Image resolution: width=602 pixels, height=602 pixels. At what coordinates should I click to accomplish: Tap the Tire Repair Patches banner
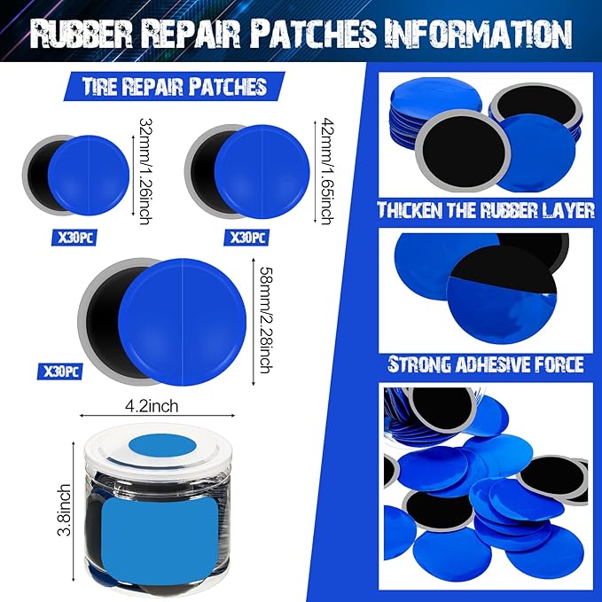[175, 86]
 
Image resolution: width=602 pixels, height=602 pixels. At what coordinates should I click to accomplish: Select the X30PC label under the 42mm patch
[248, 238]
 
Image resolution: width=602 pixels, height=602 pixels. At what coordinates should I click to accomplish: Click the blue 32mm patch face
[90, 176]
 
